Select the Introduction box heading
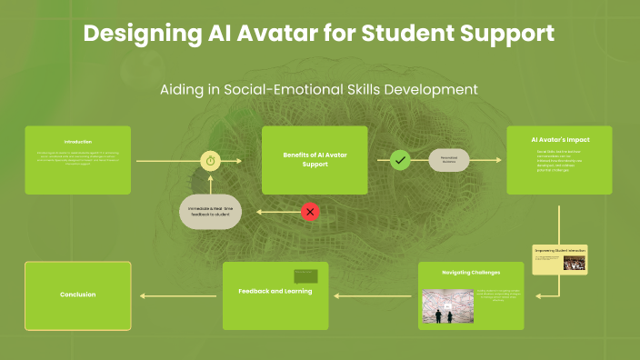pyautogui.click(x=78, y=141)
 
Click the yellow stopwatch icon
pyautogui.click(x=211, y=161)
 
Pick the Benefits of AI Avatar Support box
pyautogui.click(x=313, y=160)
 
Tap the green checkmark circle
pyautogui.click(x=400, y=161)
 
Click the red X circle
pyautogui.click(x=310, y=212)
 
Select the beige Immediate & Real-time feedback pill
pyautogui.click(x=211, y=212)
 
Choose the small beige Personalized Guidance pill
pyautogui.click(x=448, y=160)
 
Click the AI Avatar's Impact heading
pyautogui.click(x=560, y=140)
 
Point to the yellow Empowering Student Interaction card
pyautogui.click(x=560, y=258)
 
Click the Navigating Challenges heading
pyautogui.click(x=471, y=272)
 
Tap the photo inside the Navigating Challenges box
pyautogui.click(x=448, y=307)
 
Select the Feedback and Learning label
pyautogui.click(x=275, y=291)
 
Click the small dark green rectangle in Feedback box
pyautogui.click(x=305, y=275)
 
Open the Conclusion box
pyautogui.click(x=78, y=295)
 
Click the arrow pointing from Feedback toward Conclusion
pyautogui.click(x=178, y=295)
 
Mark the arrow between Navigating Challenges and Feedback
pyautogui.click(x=373, y=295)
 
